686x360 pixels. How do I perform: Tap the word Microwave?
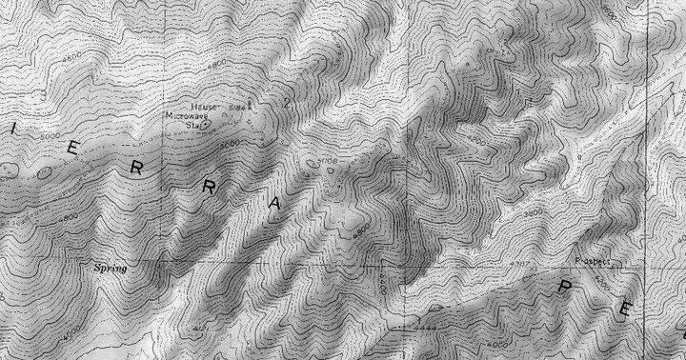186,116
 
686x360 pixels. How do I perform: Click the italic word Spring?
110,269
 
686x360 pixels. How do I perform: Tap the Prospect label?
593,260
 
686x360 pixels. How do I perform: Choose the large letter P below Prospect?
559,288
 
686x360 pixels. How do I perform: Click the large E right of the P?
627,308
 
